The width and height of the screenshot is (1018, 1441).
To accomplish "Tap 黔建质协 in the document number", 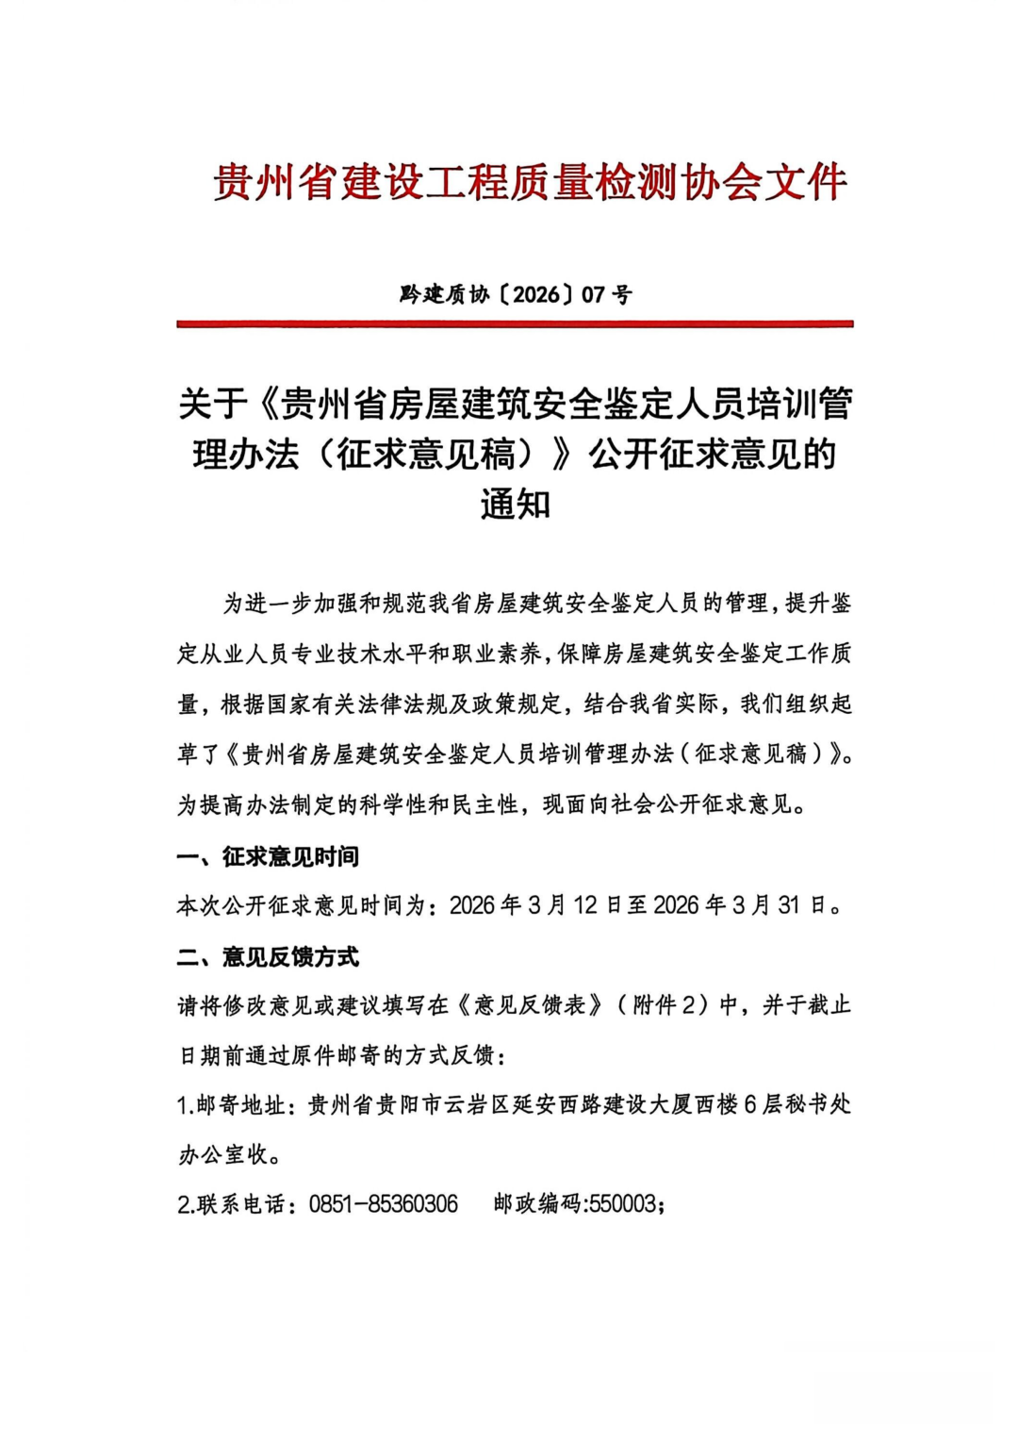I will click(x=443, y=294).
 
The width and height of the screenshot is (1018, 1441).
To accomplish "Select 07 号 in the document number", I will click(x=607, y=294).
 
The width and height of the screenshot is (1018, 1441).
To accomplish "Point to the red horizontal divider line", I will click(x=515, y=323).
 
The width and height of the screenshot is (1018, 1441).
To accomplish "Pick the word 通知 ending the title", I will click(x=515, y=505).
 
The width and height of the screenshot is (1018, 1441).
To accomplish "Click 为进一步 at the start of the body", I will click(x=267, y=604).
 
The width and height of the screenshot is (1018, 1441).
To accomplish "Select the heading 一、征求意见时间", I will click(x=268, y=856).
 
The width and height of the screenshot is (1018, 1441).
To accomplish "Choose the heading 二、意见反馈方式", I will click(x=268, y=957).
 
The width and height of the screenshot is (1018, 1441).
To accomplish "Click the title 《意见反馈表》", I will click(x=531, y=1005).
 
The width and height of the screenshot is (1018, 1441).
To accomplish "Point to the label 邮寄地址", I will click(x=240, y=1104).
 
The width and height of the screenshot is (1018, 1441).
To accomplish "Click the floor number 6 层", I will click(x=763, y=1104).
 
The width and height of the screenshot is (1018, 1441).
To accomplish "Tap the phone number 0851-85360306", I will click(x=383, y=1204).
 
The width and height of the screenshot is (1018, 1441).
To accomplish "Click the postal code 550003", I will click(x=623, y=1204).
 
